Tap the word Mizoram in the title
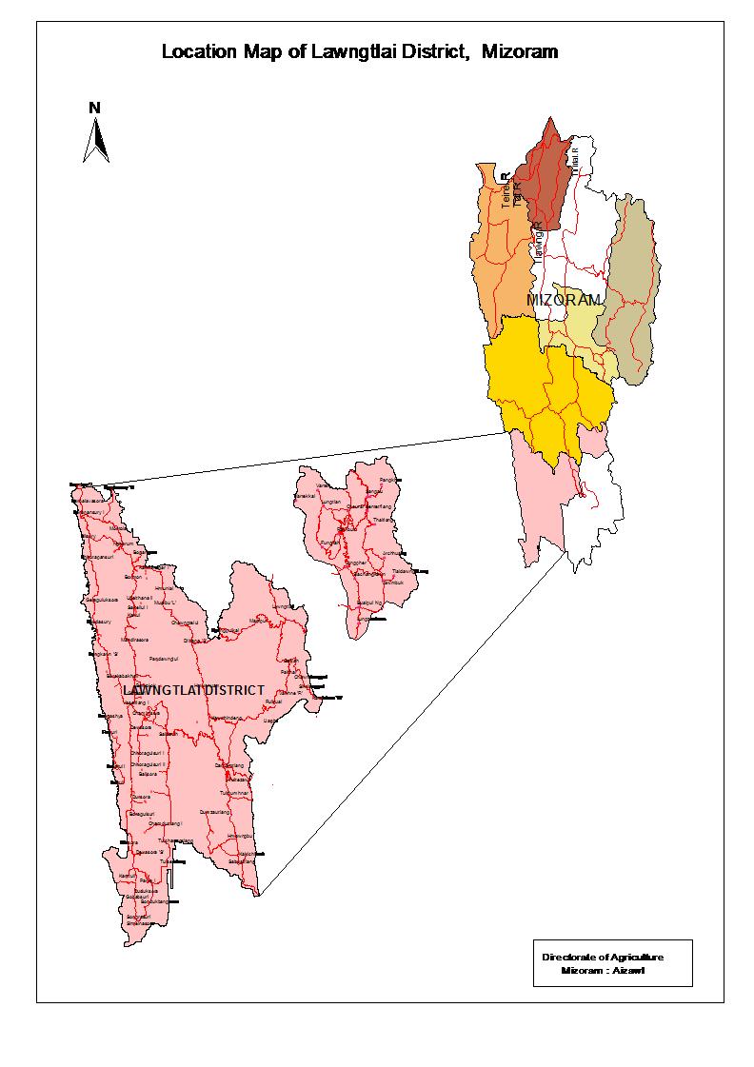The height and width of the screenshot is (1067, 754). [x=520, y=52]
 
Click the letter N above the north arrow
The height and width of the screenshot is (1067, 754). [x=95, y=108]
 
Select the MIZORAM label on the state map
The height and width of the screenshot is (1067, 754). [x=564, y=300]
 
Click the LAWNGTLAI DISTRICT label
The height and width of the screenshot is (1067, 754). [x=193, y=689]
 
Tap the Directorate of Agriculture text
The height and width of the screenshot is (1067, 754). [x=602, y=956]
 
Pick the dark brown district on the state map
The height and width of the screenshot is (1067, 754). [x=543, y=176]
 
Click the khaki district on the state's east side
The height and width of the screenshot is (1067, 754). [x=630, y=286]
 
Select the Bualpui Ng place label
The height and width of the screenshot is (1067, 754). [x=368, y=603]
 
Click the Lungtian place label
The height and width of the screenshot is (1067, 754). [x=331, y=501]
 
